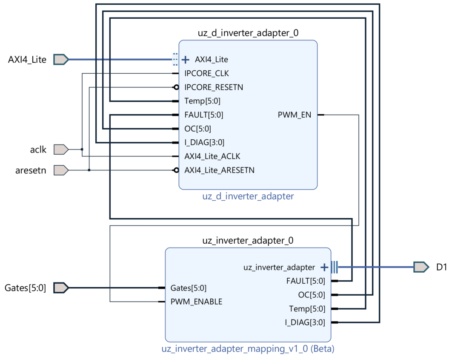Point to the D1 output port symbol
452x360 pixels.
click(421, 267)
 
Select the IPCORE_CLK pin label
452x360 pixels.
click(206, 73)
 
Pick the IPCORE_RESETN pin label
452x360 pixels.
click(214, 87)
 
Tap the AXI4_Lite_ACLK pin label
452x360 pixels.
click(212, 156)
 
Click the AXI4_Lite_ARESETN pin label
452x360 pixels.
click(219, 170)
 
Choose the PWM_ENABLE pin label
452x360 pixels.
click(196, 302)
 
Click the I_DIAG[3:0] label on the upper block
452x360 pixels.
click(204, 142)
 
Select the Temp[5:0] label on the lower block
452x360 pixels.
click(306, 308)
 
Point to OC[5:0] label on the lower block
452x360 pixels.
click(311, 295)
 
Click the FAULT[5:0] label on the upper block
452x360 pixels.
click(204, 115)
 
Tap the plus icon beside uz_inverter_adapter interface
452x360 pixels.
click(324, 267)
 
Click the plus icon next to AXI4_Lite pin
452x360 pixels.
click(185, 59)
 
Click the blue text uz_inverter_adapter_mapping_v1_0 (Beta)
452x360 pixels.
click(248, 349)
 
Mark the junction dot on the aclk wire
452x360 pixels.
click(82, 150)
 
